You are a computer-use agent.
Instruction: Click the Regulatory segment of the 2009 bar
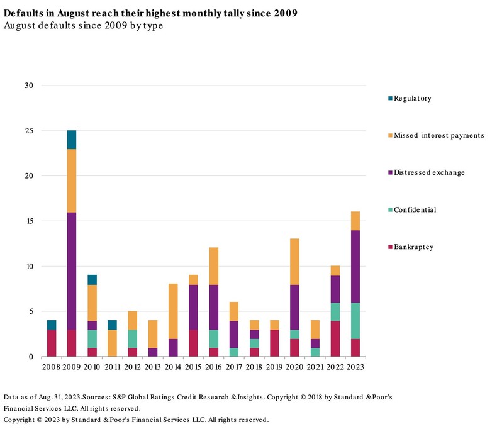[x=71, y=140]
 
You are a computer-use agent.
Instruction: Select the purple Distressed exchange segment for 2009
[x=71, y=270]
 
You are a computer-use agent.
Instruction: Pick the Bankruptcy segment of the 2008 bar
[x=52, y=343]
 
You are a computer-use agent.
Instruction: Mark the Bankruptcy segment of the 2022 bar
[x=335, y=338]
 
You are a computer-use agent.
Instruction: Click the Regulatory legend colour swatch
[x=391, y=99]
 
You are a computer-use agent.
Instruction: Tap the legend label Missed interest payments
[x=438, y=136]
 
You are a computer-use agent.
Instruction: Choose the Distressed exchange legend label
[x=429, y=173]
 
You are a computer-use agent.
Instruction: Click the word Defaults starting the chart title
[x=23, y=13]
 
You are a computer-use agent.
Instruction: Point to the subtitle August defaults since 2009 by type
[x=83, y=26]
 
